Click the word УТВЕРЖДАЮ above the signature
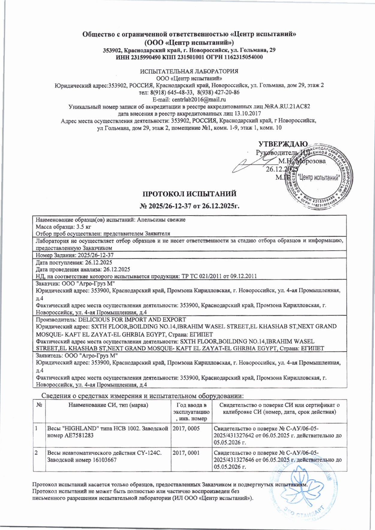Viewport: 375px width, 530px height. pyautogui.click(x=283, y=144)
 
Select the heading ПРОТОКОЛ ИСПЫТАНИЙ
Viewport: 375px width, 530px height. pyautogui.click(x=189, y=194)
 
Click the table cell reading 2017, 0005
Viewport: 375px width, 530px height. pyautogui.click(x=186, y=428)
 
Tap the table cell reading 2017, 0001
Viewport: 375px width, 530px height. pyautogui.click(x=186, y=453)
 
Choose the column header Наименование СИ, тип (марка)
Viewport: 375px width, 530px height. pyautogui.click(x=108, y=405)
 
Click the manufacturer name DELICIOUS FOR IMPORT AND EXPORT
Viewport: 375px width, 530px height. pyautogui.click(x=132, y=319)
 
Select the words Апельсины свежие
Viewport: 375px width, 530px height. pyautogui.click(x=161, y=220)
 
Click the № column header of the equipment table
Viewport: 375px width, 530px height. pyautogui.click(x=39, y=405)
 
